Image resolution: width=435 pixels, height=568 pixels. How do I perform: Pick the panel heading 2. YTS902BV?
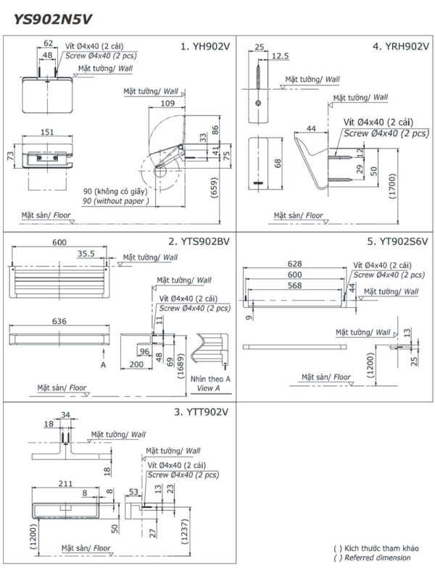coord(197,242)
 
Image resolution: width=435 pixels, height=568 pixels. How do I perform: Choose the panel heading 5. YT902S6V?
coord(397,242)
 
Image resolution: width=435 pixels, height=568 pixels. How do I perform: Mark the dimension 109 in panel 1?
coord(167,104)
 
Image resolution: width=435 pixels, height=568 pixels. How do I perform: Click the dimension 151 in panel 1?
coord(47,131)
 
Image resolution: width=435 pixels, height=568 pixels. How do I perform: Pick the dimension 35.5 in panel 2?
coord(86,254)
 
